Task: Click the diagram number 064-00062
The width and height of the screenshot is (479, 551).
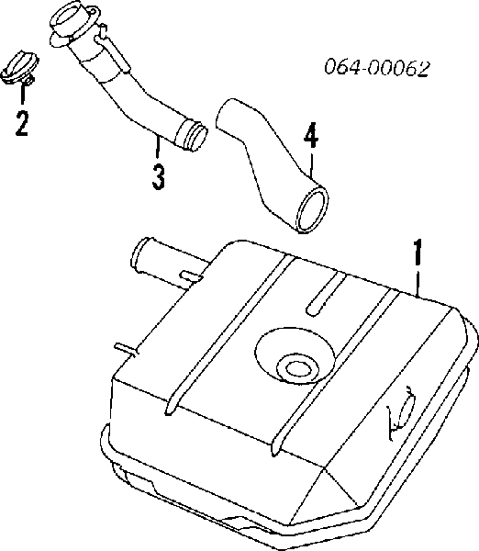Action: click(x=377, y=67)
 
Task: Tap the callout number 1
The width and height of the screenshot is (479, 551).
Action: click(x=418, y=253)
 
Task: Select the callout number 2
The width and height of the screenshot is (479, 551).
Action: click(x=21, y=123)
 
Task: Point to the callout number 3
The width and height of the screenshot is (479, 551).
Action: click(x=159, y=177)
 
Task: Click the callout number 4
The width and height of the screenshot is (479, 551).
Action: click(x=311, y=135)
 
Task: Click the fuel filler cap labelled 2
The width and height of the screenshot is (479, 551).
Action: click(x=19, y=68)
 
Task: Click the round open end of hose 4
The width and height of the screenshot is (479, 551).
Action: click(x=313, y=209)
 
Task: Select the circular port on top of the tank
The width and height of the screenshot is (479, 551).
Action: click(x=297, y=369)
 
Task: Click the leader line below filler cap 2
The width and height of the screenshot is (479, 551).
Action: click(x=23, y=94)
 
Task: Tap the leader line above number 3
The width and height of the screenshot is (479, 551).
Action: click(x=158, y=147)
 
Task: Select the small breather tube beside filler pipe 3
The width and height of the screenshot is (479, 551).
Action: click(x=112, y=48)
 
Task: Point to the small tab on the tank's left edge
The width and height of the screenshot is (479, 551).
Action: click(x=127, y=349)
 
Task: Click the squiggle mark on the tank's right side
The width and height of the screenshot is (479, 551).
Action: click(x=401, y=413)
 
